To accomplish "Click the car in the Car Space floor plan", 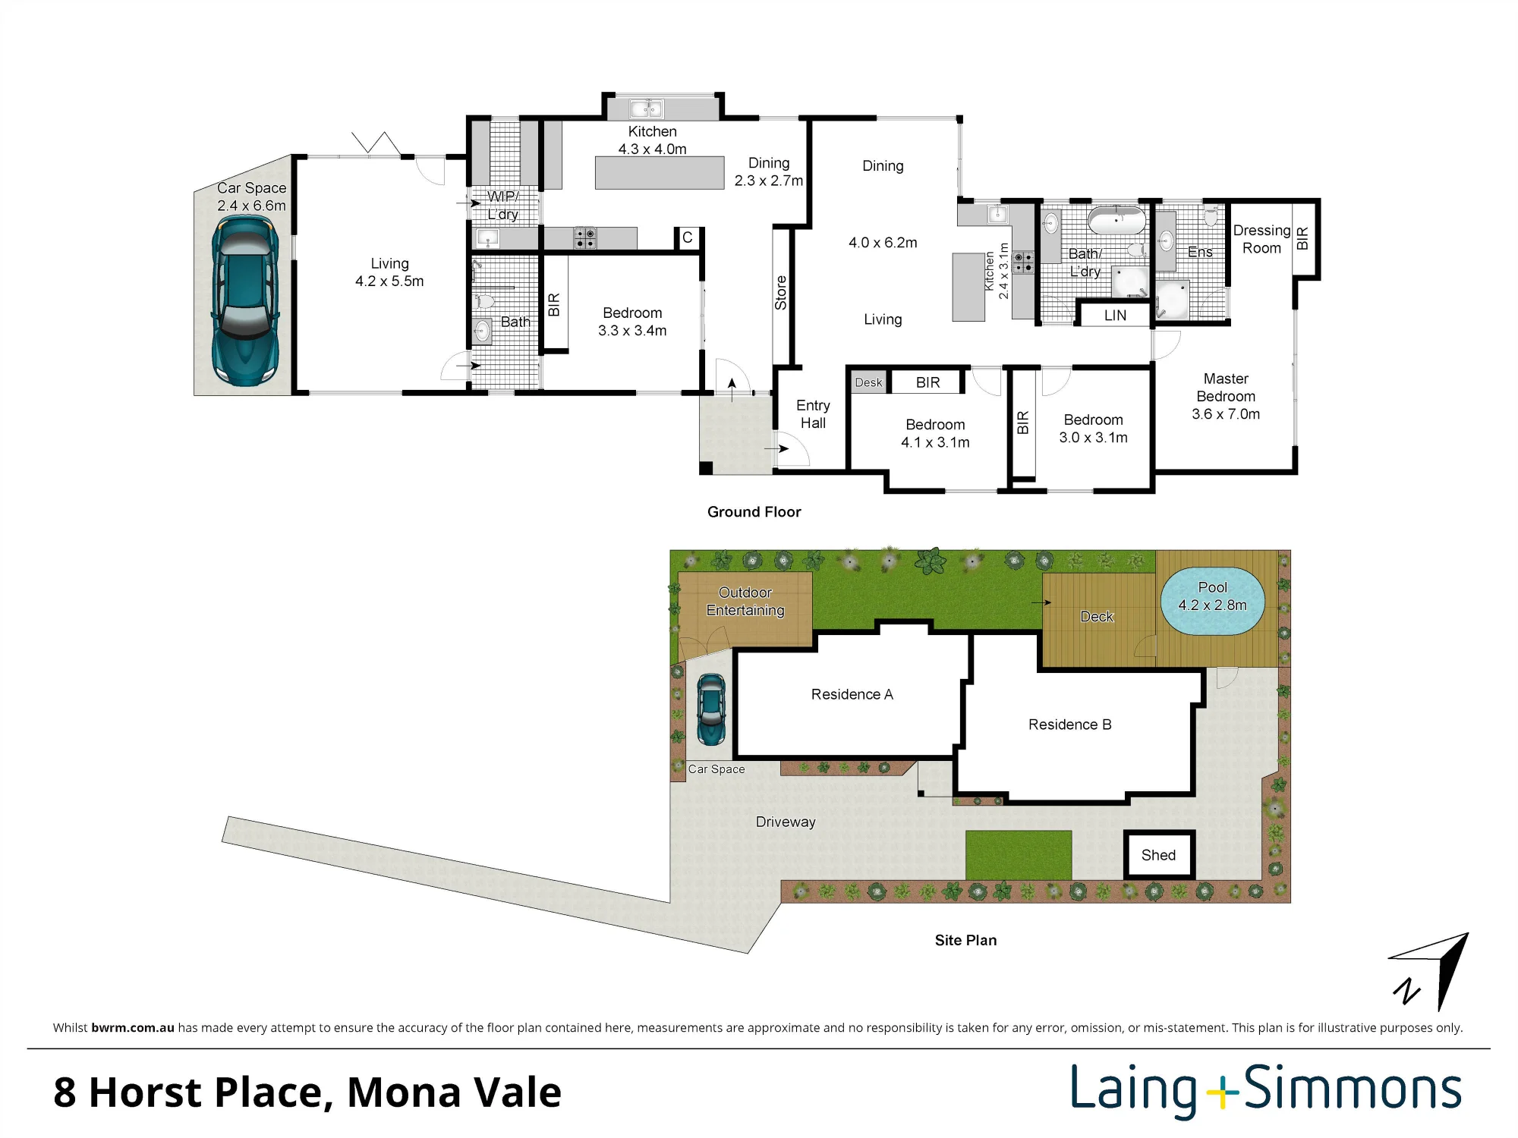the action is [245, 300].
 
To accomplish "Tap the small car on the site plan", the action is [711, 710].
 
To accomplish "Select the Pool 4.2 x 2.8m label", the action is [1212, 596].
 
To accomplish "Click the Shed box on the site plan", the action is [1159, 855].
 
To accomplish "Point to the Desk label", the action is [868, 382].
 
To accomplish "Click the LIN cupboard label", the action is [1115, 316].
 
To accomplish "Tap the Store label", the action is [781, 293].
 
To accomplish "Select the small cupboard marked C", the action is [688, 238].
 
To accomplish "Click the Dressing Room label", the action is [1261, 239].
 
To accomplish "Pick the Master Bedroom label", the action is [1226, 396].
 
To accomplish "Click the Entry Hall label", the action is [813, 414].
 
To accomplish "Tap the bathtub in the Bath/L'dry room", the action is [1116, 221].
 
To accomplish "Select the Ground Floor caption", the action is [754, 512].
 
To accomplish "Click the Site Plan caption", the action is [965, 940].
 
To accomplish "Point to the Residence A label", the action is [852, 694].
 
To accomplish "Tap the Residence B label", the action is [1069, 725].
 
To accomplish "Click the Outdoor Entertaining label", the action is [745, 602].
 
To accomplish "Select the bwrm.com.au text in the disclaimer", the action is [133, 1028].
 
